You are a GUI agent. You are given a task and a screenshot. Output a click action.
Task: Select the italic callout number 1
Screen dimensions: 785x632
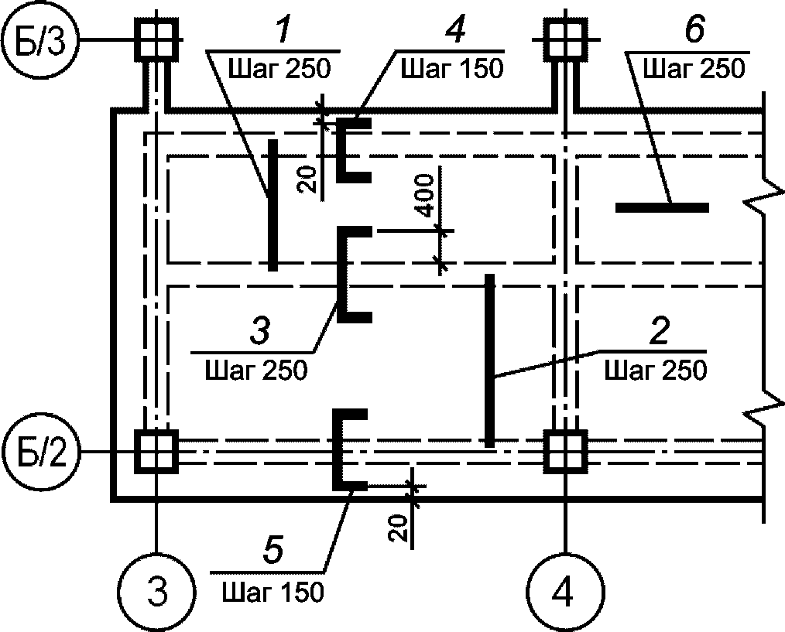click(283, 31)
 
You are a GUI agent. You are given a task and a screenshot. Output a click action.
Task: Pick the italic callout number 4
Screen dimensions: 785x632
click(455, 30)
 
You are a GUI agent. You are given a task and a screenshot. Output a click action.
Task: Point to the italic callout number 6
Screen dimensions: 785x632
click(694, 30)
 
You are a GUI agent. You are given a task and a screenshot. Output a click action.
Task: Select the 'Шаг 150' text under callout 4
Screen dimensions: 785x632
click(451, 69)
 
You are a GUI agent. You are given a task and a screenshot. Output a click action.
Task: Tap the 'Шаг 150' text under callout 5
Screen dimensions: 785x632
click(273, 593)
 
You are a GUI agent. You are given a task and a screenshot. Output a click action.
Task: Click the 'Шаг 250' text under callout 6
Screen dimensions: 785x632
click(694, 69)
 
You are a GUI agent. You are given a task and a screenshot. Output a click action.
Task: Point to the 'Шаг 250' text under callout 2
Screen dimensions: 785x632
click(656, 371)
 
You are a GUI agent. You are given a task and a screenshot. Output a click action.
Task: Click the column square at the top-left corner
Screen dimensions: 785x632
click(156, 40)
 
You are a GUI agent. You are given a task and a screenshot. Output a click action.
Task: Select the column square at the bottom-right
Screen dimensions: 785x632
click(566, 451)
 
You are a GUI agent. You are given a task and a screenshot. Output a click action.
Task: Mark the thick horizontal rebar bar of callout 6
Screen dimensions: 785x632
click(662, 207)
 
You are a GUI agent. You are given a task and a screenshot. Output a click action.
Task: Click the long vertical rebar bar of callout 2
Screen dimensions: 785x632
click(489, 360)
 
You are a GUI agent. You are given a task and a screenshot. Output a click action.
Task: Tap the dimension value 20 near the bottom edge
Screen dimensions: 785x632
click(399, 528)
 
